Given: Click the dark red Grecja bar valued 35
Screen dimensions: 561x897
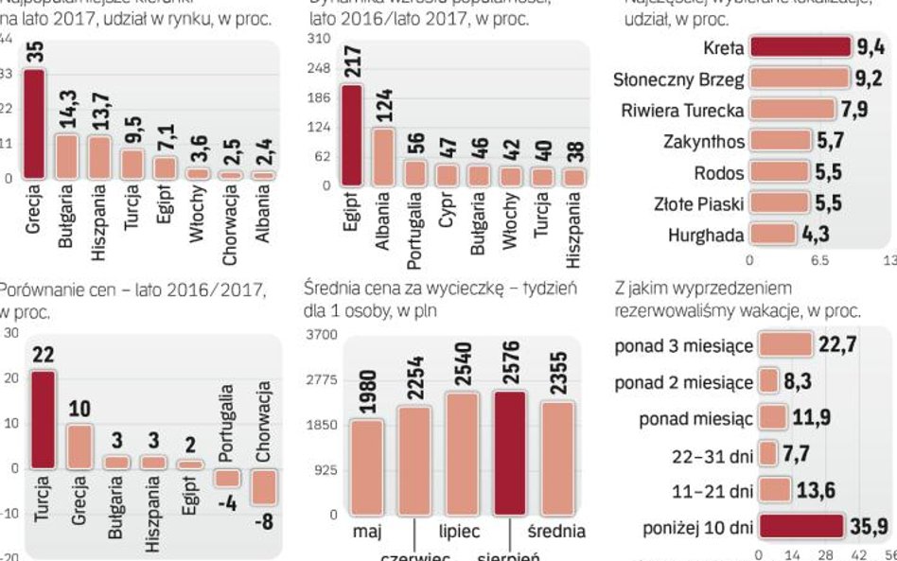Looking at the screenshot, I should pyautogui.click(x=35, y=123).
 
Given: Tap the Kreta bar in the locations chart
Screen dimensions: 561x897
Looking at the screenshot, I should pyautogui.click(x=800, y=46).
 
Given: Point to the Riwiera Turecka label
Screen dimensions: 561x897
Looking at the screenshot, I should pyautogui.click(x=682, y=110).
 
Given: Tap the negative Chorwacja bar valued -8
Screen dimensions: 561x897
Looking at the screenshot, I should pyautogui.click(x=263, y=487).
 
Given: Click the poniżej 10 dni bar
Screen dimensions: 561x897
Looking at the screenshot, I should pyautogui.click(x=800, y=526).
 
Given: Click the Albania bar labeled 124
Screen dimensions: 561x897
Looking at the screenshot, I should pyautogui.click(x=384, y=156).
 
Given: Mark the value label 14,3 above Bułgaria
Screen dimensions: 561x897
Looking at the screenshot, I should pyautogui.click(x=67, y=112).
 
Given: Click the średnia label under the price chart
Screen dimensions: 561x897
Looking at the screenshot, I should pyautogui.click(x=556, y=532).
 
